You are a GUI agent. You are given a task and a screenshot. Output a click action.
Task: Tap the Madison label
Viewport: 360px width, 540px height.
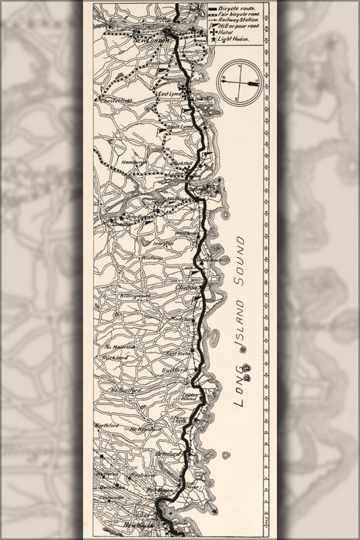(x=181, y=318)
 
